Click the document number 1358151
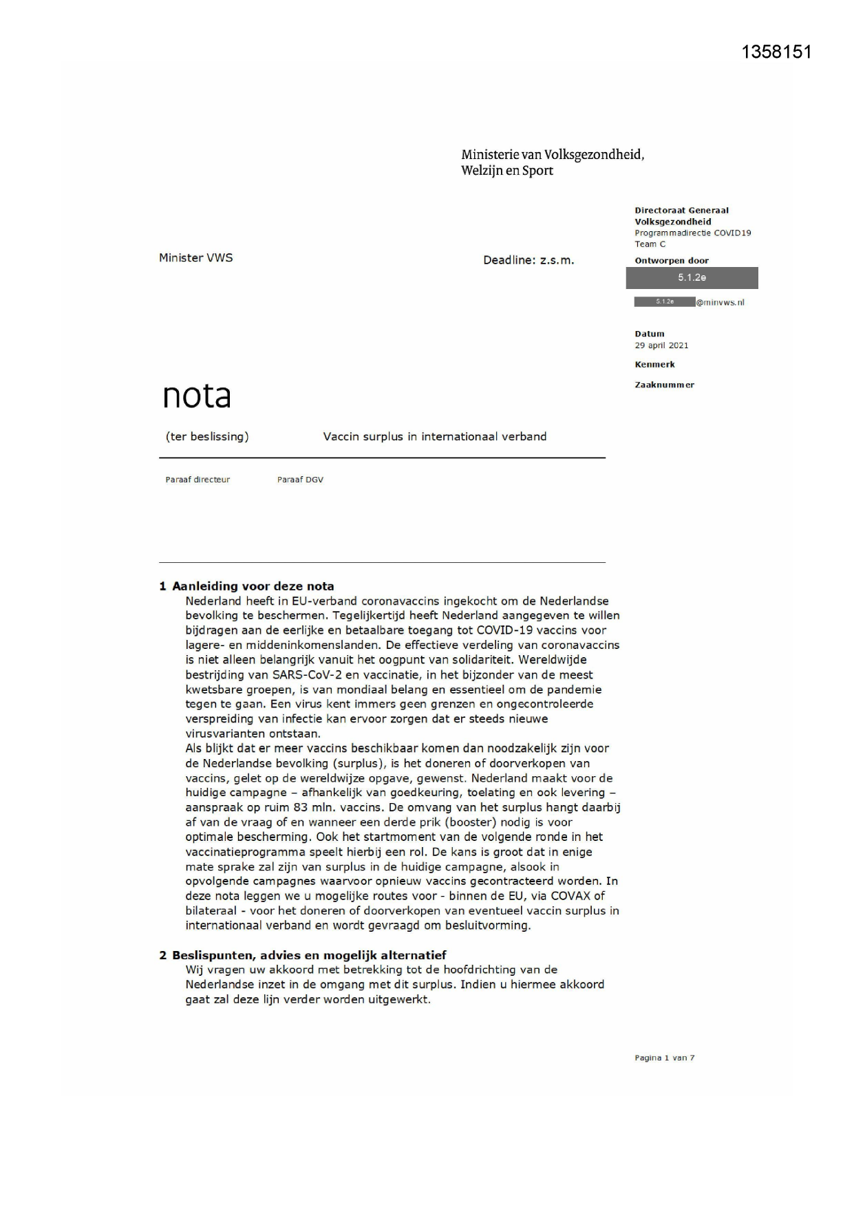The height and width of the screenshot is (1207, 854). [776, 52]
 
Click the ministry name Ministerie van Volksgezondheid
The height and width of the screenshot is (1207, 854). [553, 155]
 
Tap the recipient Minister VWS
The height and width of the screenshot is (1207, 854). [196, 258]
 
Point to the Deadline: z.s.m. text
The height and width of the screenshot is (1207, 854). [529, 260]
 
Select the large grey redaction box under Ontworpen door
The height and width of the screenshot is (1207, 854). [692, 278]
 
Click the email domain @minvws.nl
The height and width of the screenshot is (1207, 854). [720, 302]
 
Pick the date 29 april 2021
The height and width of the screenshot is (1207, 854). [661, 345]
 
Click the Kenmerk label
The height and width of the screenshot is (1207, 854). [654, 365]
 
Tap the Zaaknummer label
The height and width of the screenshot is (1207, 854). [664, 385]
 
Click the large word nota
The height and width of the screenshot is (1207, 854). [197, 396]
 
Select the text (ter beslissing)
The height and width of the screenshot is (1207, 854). [207, 436]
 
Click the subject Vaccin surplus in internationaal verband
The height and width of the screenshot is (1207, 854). [435, 436]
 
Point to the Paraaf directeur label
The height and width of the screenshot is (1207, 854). [198, 480]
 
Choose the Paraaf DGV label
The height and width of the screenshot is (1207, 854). [300, 480]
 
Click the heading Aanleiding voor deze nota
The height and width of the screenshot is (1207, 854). [253, 586]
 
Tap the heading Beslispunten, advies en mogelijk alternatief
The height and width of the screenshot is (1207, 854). [309, 955]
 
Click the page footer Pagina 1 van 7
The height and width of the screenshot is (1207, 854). [664, 1058]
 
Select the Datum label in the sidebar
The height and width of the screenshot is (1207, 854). [650, 334]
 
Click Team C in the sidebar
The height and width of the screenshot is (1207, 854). [650, 244]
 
